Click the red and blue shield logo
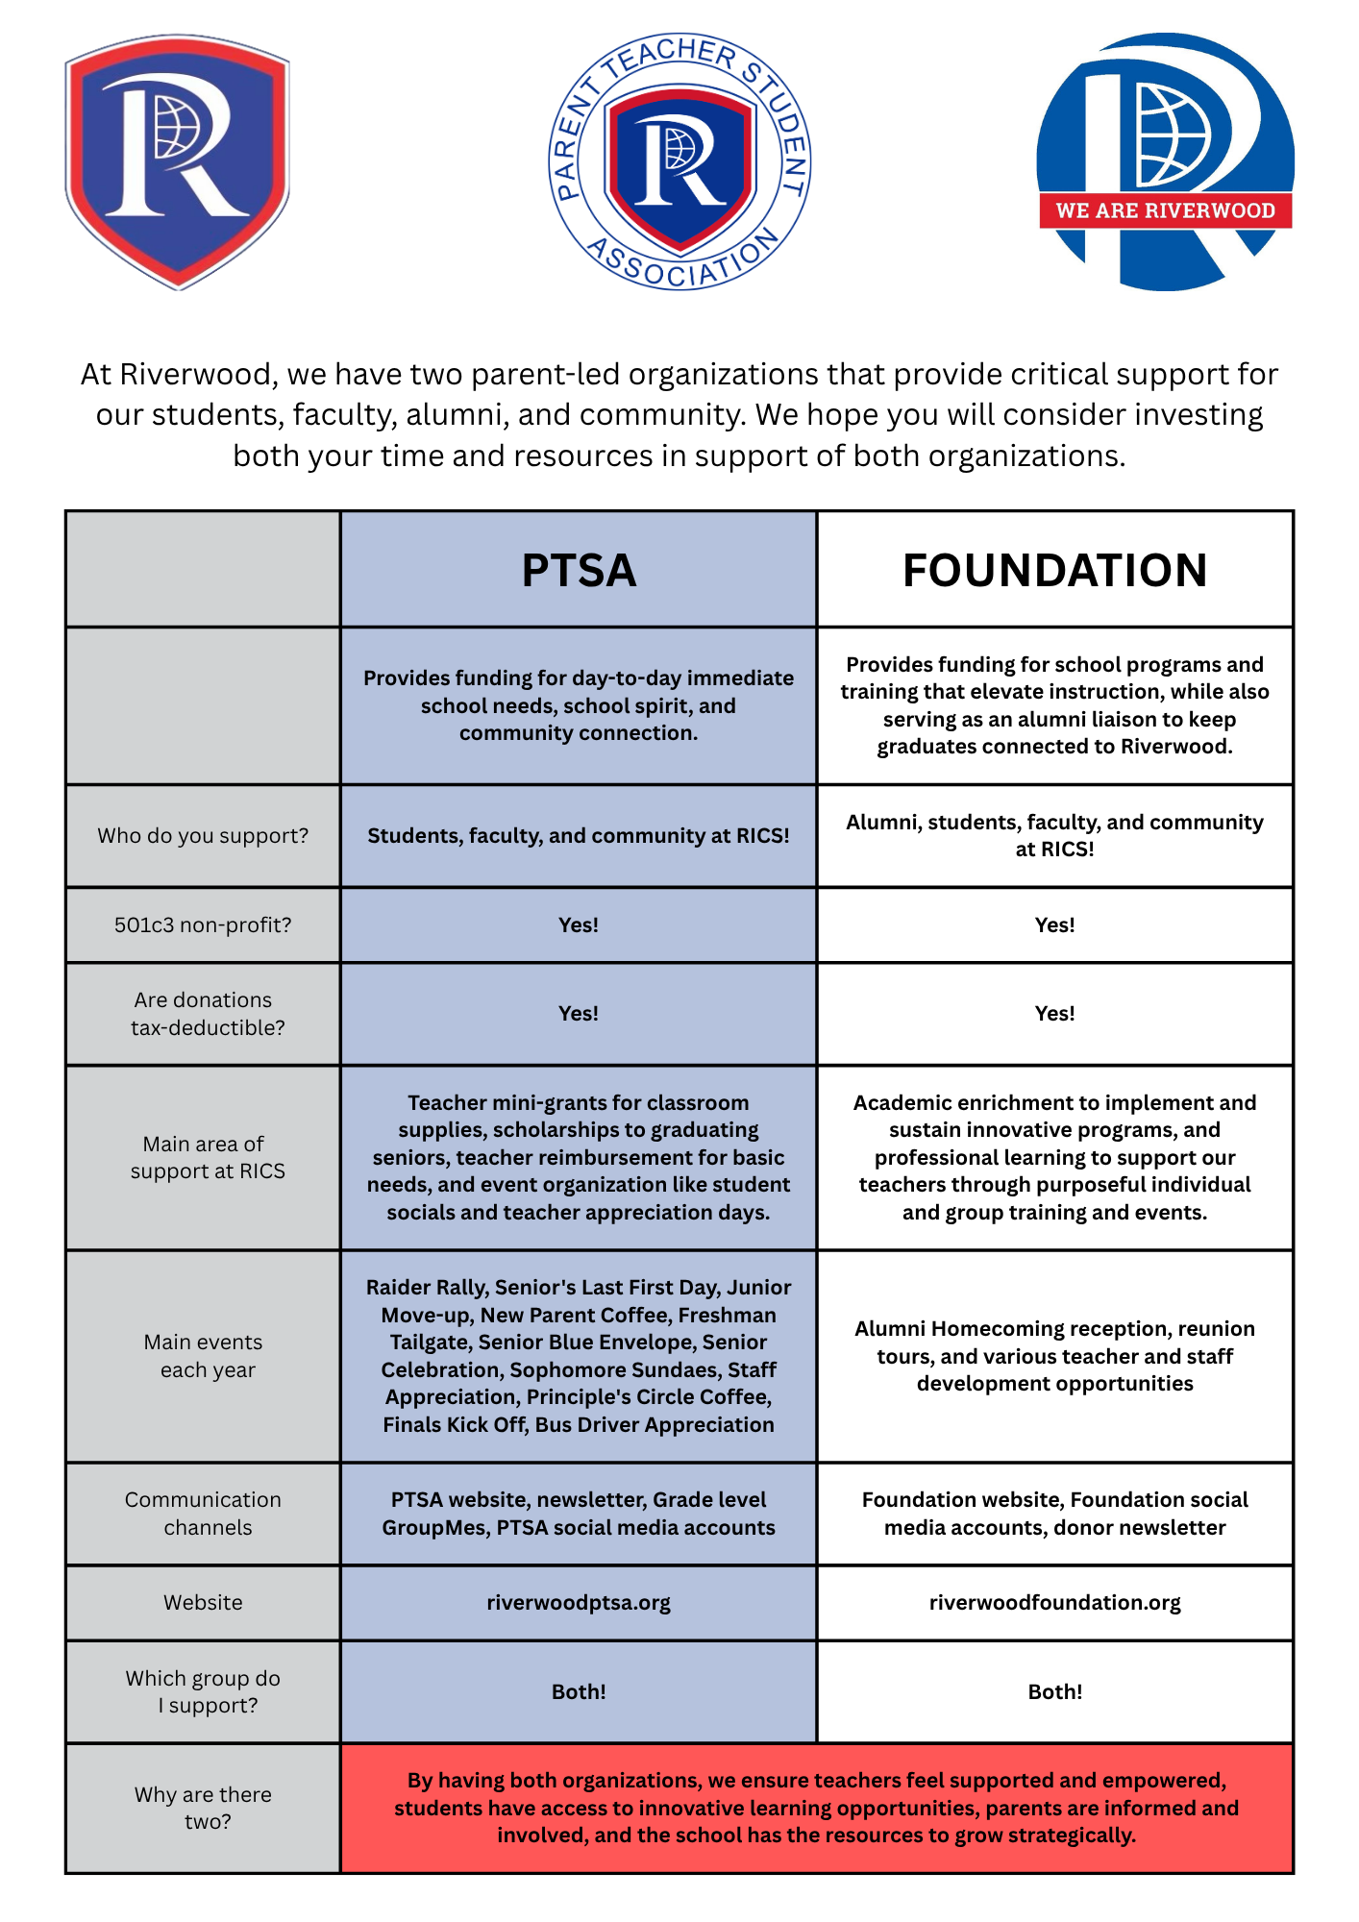(178, 161)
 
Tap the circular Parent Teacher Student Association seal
(679, 161)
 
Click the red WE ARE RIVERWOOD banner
(1165, 210)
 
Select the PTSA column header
(579, 570)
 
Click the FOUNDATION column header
(1054, 570)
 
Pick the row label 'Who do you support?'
(203, 836)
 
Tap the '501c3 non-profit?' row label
(203, 925)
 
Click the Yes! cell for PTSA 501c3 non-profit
(579, 925)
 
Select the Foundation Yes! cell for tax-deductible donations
(1054, 1014)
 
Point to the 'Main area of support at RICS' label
(207, 1158)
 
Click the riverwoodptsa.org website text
(579, 1603)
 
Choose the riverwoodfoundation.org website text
(1054, 1603)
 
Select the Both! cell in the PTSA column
(579, 1692)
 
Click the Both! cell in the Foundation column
(1054, 1692)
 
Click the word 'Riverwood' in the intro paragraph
(196, 374)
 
